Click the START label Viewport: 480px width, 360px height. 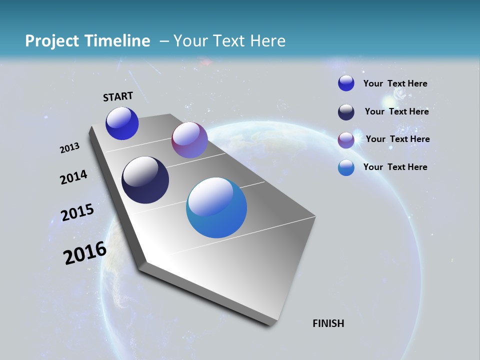[x=118, y=96]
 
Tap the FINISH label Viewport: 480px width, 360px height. [x=328, y=323]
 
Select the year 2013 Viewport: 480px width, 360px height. [x=69, y=147]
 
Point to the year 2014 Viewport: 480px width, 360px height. [x=73, y=177]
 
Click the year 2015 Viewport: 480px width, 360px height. [x=77, y=212]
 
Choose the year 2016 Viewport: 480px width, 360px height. [x=85, y=253]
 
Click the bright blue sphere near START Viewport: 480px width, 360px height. [x=122, y=123]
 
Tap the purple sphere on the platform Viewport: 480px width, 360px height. [x=189, y=140]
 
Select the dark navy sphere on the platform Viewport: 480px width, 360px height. [x=145, y=180]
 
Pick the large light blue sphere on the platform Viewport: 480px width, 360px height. [x=216, y=207]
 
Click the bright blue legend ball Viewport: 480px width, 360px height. [x=346, y=83]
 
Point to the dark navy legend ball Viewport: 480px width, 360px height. [x=346, y=112]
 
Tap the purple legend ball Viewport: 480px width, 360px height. [x=346, y=140]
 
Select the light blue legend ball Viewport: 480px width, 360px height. [x=346, y=167]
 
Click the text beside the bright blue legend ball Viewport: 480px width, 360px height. [x=395, y=83]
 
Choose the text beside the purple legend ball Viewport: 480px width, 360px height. [x=397, y=139]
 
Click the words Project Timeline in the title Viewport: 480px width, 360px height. [x=87, y=41]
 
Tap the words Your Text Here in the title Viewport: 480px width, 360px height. [x=229, y=41]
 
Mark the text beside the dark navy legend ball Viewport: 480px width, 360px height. [x=396, y=111]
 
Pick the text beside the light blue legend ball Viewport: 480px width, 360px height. [x=395, y=167]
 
